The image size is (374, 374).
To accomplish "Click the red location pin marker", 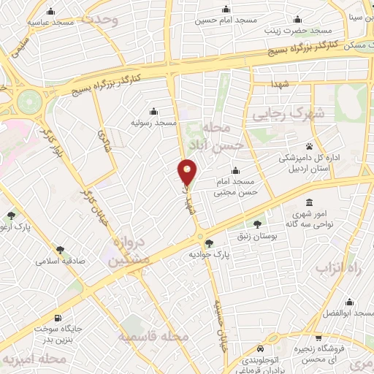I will click(188, 172).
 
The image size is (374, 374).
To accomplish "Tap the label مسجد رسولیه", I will click(153, 123).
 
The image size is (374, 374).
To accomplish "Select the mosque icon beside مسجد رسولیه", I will click(153, 112).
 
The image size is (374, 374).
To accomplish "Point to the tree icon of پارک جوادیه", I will click(210, 243).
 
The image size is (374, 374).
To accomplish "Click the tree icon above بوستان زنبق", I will click(256, 222).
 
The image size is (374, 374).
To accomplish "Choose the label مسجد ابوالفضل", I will click(346, 313).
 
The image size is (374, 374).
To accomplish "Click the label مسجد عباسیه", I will click(51, 23).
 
